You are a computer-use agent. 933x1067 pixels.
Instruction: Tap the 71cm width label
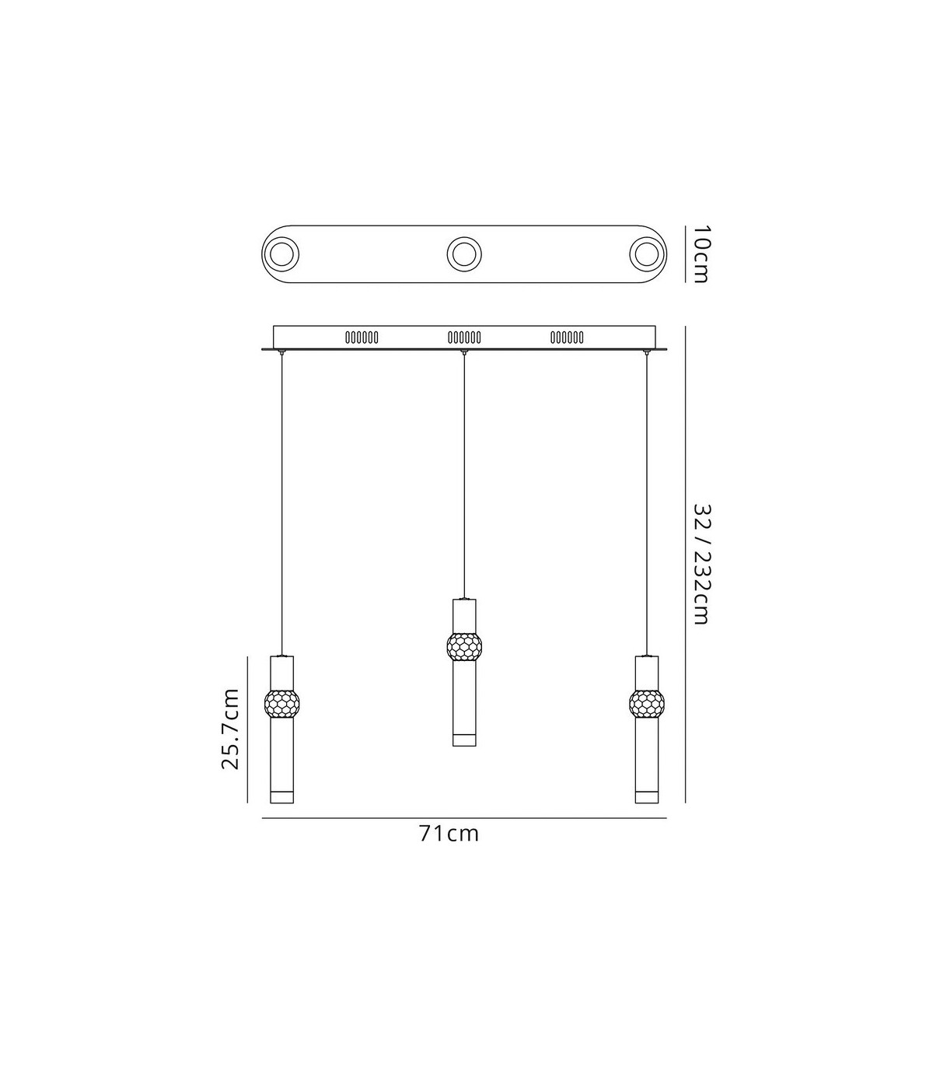(x=449, y=834)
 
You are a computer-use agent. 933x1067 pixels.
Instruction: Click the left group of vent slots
(x=362, y=338)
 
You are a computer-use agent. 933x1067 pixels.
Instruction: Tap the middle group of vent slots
(x=464, y=338)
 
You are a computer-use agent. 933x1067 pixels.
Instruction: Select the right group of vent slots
(x=567, y=338)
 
